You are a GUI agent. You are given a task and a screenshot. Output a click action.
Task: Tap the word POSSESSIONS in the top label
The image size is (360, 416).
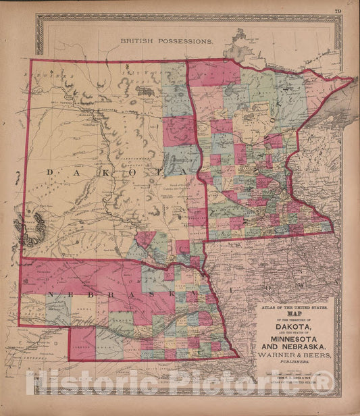(184, 41)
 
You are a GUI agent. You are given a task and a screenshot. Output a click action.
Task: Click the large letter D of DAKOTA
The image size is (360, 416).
(49, 173)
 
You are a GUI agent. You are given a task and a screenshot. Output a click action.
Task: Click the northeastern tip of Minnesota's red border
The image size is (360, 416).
(352, 79)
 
